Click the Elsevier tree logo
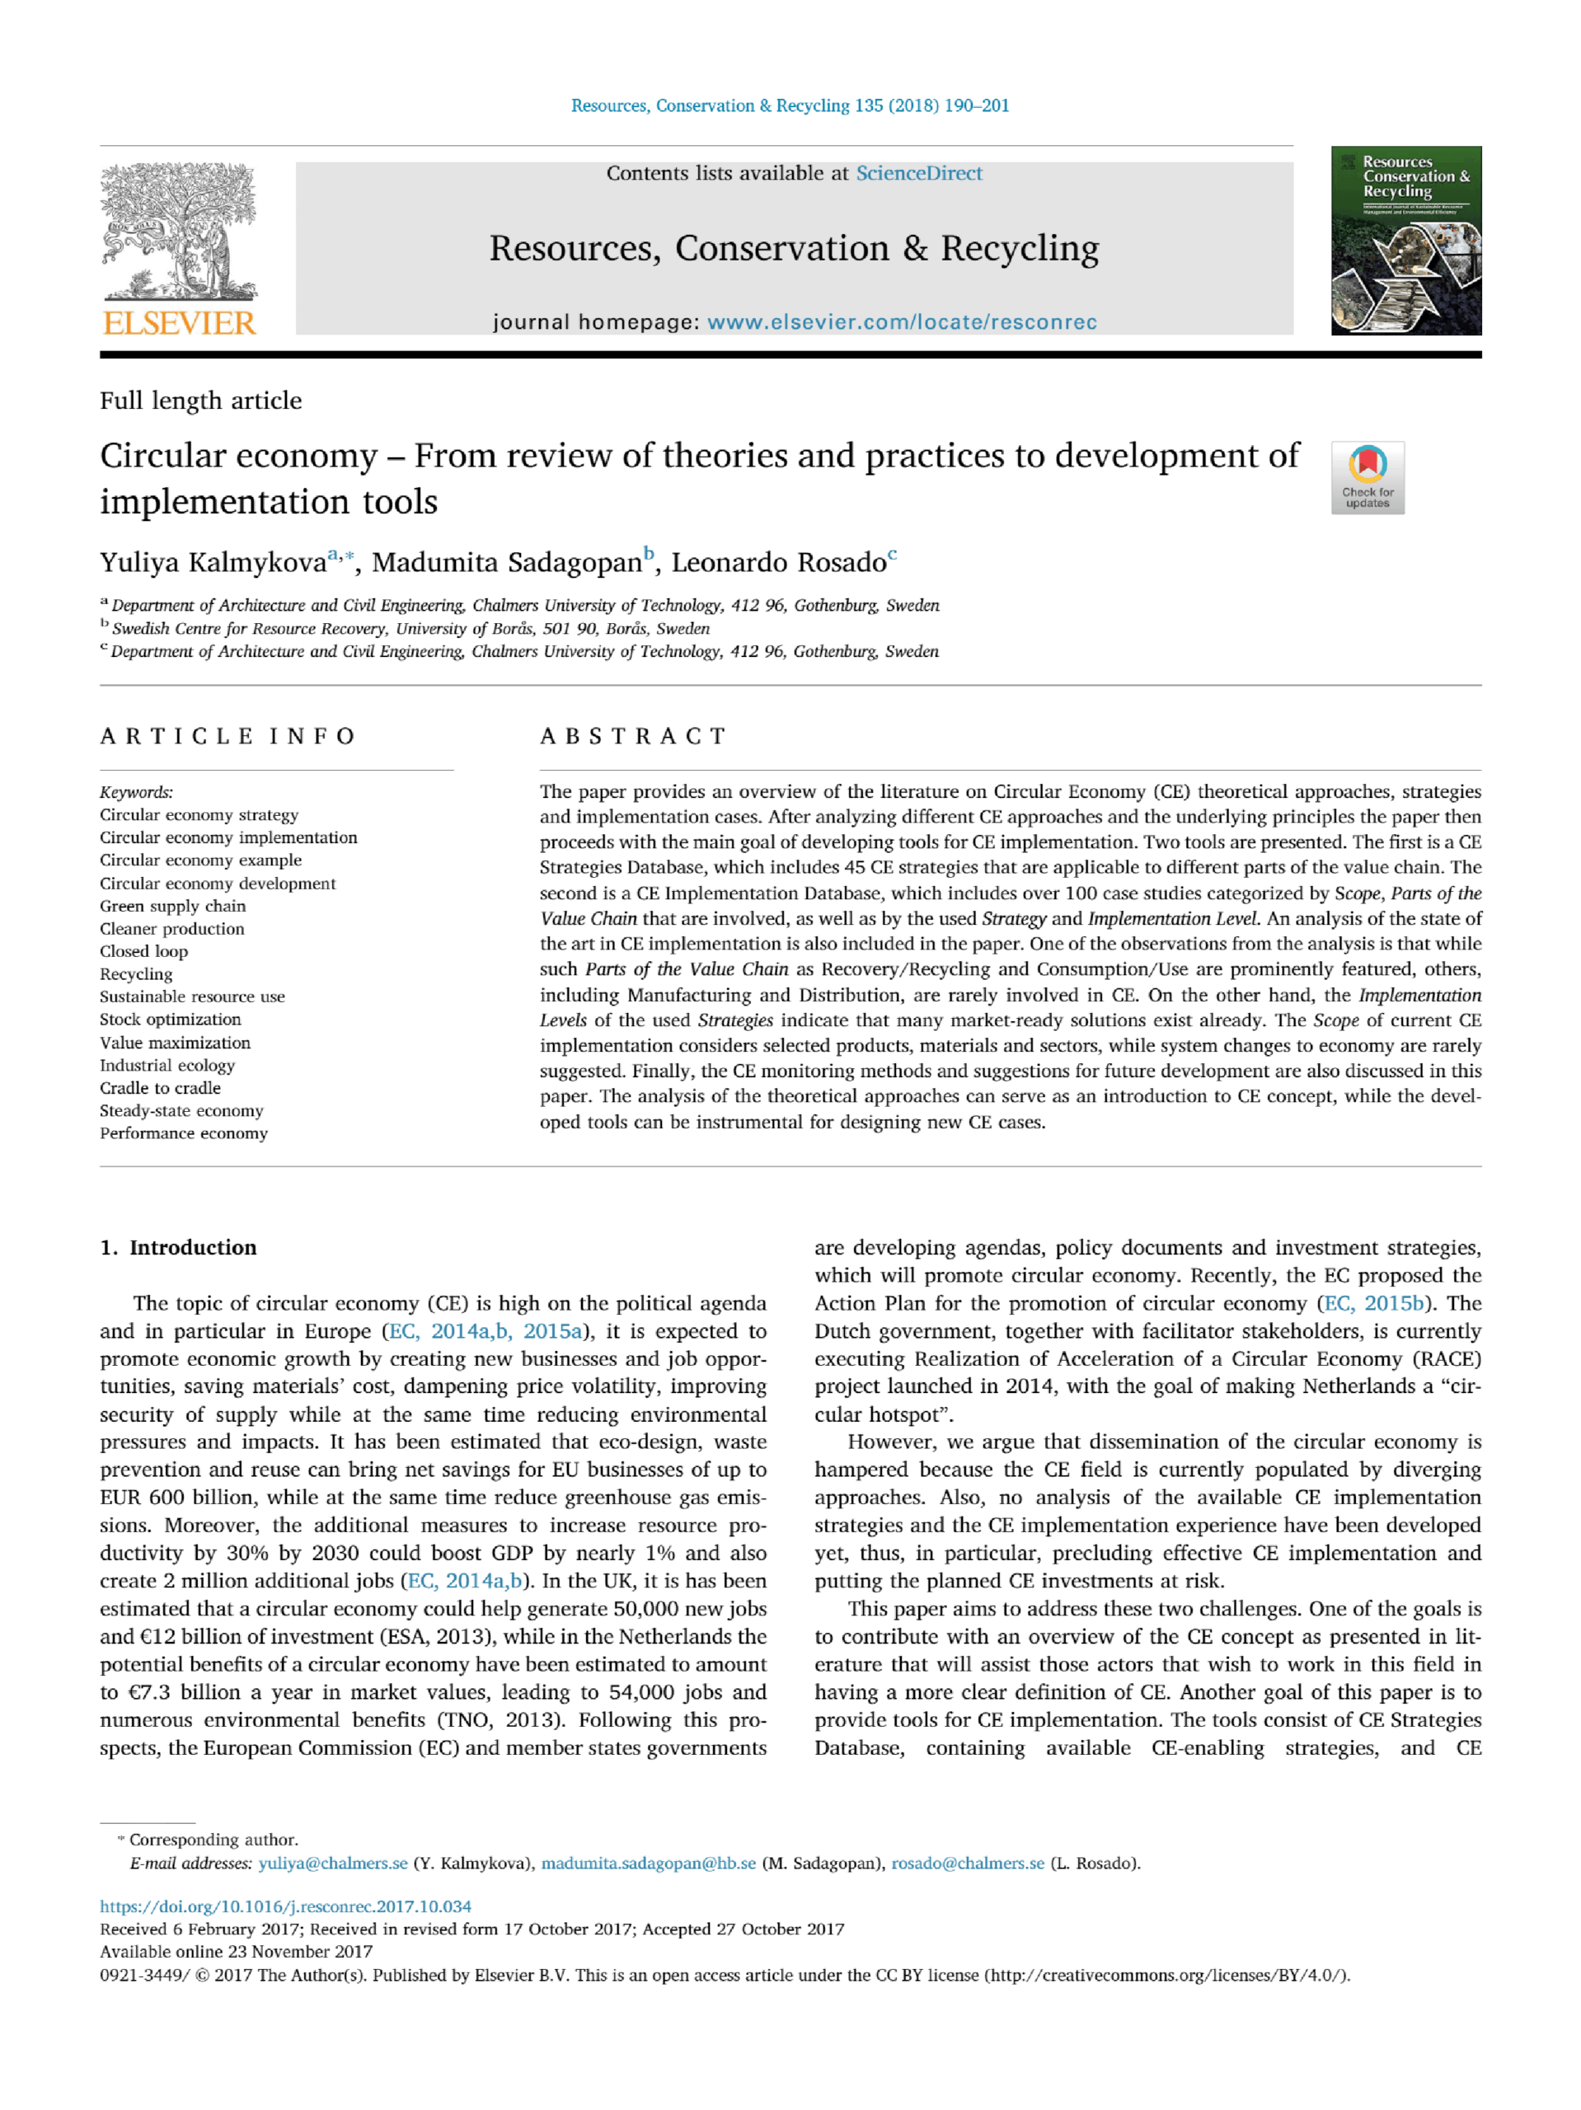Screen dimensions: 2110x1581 [178, 231]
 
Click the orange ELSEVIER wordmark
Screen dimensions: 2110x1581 [178, 324]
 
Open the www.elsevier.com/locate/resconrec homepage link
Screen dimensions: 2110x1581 [902, 322]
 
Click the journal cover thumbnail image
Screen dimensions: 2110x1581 [1405, 241]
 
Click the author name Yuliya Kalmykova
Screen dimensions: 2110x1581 [213, 563]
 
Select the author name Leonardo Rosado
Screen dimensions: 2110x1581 [779, 563]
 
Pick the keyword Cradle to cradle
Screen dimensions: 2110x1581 [160, 1089]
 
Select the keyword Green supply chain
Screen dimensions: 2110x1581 [173, 906]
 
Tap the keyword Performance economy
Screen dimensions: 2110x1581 [184, 1133]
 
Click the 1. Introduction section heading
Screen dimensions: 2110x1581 [178, 1248]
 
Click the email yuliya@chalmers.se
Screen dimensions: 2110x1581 [333, 1863]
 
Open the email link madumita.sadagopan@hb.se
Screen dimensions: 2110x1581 [648, 1863]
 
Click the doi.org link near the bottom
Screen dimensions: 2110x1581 [285, 1906]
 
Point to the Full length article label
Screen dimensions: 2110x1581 [200, 401]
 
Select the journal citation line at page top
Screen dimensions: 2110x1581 [789, 105]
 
